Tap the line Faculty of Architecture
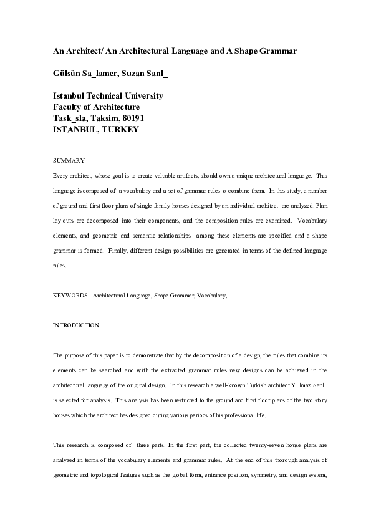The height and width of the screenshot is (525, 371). [x=96, y=107]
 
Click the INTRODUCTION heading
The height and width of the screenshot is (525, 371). [x=75, y=325]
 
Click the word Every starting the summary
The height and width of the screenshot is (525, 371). [x=61, y=176]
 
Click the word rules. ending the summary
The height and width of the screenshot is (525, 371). [x=60, y=265]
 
